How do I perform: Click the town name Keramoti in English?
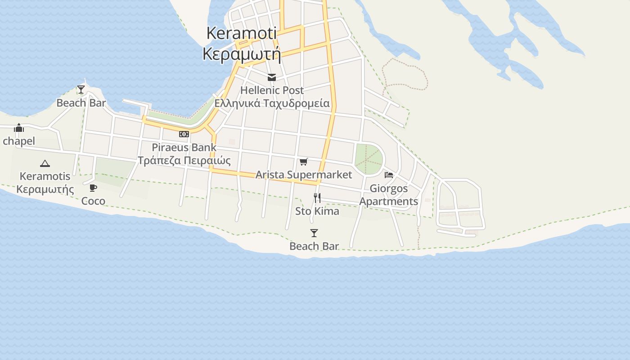241,33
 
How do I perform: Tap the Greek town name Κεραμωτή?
242,54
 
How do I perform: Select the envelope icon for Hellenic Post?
271,78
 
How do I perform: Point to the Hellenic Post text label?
272,90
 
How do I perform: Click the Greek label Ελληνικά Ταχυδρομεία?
272,103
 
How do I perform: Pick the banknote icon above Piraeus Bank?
184,134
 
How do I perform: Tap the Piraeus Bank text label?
184,147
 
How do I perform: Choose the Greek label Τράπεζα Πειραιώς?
184,160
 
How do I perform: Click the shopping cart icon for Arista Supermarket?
303,162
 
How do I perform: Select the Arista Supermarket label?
304,175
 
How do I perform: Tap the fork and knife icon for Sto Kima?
317,198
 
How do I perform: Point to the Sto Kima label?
317,211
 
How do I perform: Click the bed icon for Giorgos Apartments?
389,175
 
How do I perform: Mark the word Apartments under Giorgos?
389,201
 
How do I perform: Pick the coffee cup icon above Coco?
93,188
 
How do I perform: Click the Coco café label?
93,201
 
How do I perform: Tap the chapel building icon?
19,128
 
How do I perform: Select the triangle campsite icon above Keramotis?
45,163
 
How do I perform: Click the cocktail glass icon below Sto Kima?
314,233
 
